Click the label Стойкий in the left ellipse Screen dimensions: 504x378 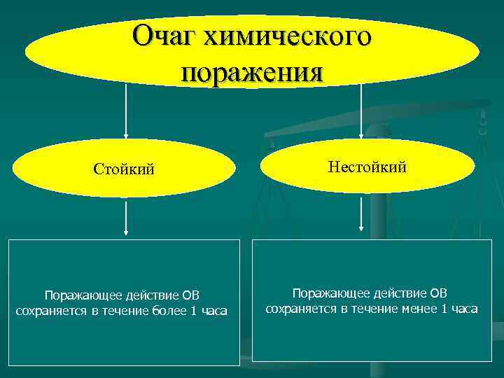[x=125, y=169]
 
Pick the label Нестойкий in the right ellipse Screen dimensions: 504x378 [x=366, y=167]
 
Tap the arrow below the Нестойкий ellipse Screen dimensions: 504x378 [x=361, y=213]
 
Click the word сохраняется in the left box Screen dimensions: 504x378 [x=48, y=311]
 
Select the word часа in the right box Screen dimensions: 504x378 [x=463, y=308]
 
